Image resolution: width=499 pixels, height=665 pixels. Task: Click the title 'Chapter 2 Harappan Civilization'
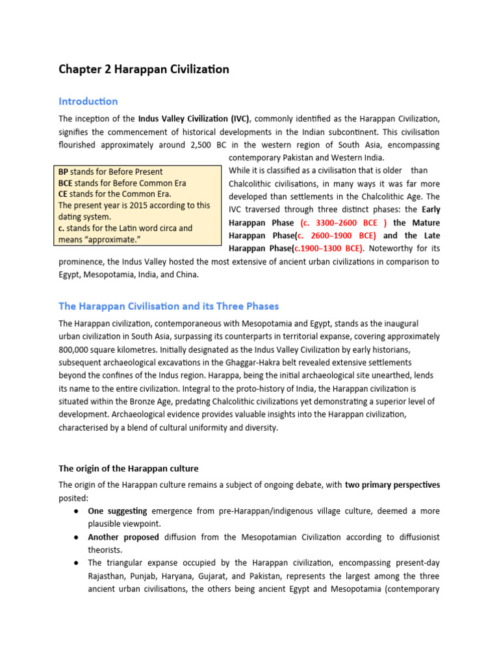(144, 69)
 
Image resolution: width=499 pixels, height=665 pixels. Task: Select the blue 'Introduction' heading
(88, 101)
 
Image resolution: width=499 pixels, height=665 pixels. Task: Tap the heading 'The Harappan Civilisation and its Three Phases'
(169, 306)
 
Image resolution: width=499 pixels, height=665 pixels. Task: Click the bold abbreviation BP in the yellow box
(63, 171)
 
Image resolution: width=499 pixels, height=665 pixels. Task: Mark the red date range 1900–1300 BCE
(328, 249)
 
